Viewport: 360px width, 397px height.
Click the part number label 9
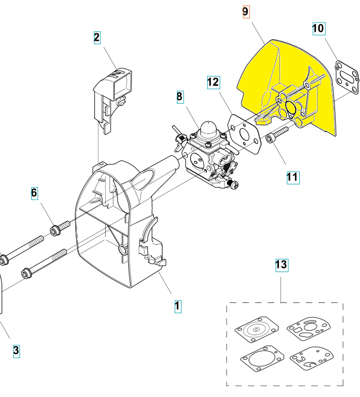coord(246,12)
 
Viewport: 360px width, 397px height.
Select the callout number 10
coord(319,28)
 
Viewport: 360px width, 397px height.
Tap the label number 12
coord(213,82)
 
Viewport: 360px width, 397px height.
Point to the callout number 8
coord(180,97)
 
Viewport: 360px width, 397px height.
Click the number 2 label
coord(97,38)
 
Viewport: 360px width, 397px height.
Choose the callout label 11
coord(293,177)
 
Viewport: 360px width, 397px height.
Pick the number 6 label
coord(35,193)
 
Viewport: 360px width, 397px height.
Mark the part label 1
coord(178,307)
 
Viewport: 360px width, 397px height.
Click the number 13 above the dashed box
coord(282,265)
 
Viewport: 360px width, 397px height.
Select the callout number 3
coord(16,351)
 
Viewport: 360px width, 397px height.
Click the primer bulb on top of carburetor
coord(208,129)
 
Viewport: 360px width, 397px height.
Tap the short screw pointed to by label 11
coord(277,134)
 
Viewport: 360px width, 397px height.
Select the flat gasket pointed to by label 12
coord(244,133)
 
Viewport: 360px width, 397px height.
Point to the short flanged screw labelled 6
coord(60,229)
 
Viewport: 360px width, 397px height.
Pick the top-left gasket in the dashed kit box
coord(256,330)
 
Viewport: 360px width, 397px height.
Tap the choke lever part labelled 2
coord(113,99)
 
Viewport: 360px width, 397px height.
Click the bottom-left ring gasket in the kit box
coord(262,359)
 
